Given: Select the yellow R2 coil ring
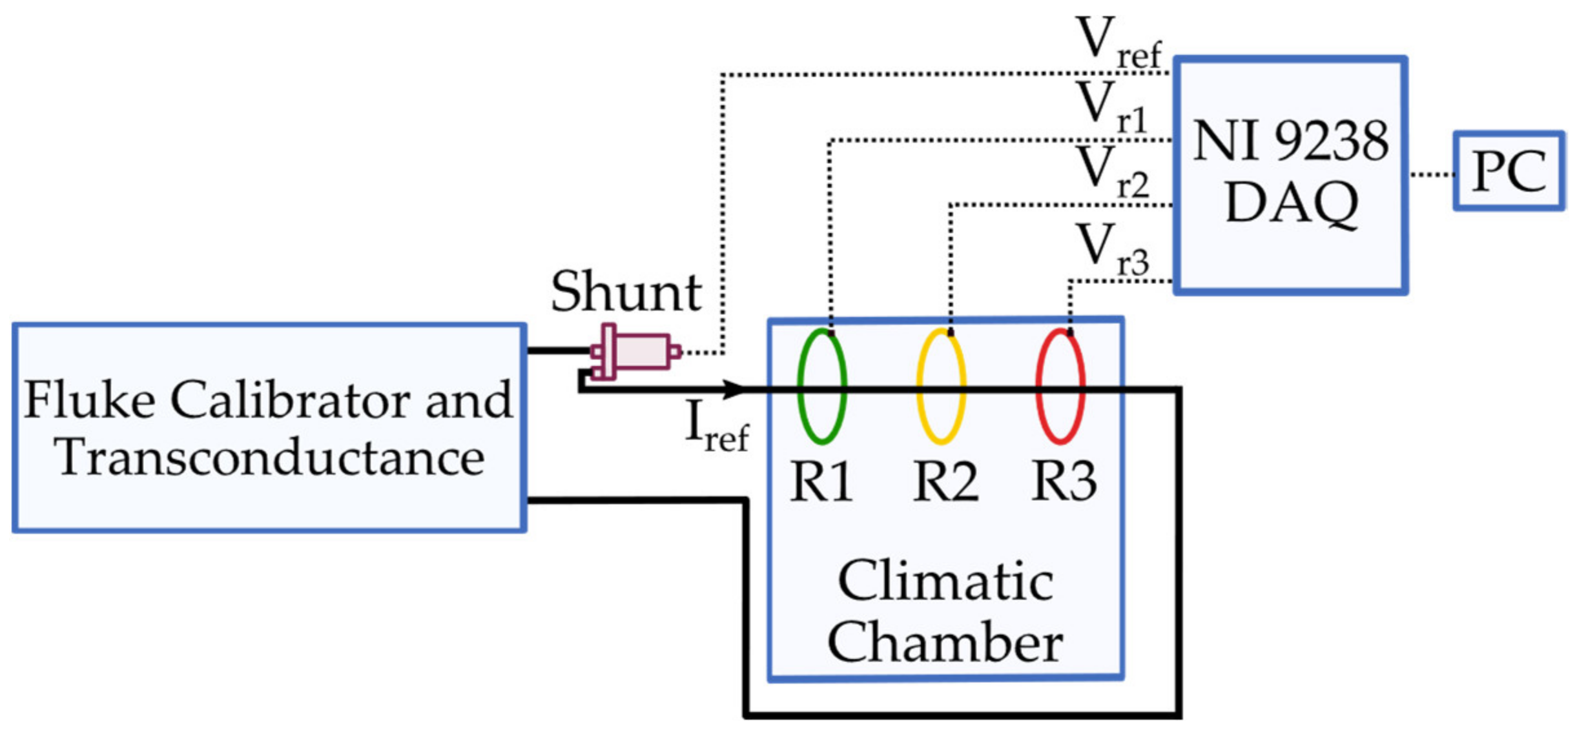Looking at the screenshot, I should [x=920, y=387].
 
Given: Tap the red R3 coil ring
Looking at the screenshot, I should [x=1039, y=387].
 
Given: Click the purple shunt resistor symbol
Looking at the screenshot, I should [x=636, y=352].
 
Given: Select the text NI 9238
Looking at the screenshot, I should [x=1290, y=141].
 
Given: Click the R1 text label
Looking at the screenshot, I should [x=821, y=482].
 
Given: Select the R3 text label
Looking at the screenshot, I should [x=1064, y=482].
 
